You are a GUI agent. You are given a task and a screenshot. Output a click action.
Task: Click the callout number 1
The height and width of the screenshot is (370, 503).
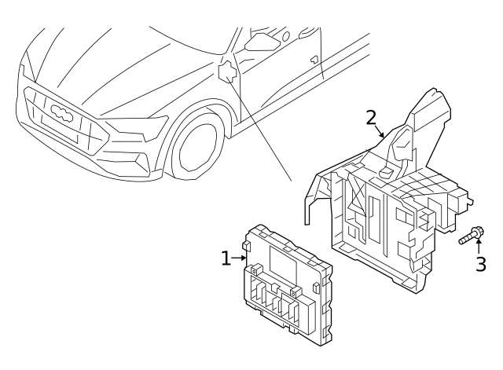click(226, 258)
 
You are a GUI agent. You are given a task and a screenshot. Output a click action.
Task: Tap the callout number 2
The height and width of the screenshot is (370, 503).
click(372, 118)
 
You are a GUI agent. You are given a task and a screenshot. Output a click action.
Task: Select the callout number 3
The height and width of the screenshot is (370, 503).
click(479, 264)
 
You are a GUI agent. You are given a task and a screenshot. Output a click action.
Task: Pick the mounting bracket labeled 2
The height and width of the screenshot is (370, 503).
click(385, 204)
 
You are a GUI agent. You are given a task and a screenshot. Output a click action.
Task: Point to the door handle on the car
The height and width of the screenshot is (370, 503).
click(314, 59)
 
